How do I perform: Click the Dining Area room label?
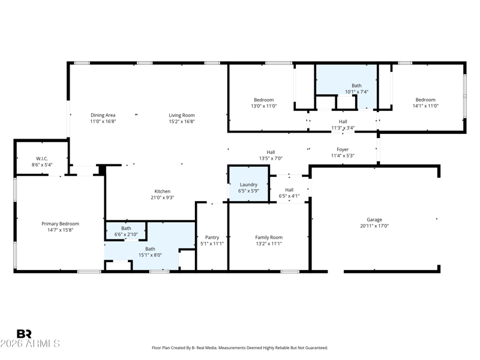click(103, 115)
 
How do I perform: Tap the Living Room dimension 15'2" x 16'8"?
click(182, 121)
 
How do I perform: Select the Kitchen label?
click(162, 191)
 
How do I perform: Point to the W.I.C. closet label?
click(42, 158)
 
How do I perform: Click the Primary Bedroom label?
click(61, 224)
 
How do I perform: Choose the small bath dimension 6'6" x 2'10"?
click(126, 235)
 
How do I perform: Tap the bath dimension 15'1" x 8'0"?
click(151, 255)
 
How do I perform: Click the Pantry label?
click(212, 237)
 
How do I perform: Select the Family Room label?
click(269, 237)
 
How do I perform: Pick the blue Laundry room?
click(248, 184)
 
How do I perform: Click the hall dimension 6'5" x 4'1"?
click(289, 196)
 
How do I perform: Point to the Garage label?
click(374, 220)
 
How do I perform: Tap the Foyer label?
click(343, 149)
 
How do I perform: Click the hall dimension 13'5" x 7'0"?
click(271, 158)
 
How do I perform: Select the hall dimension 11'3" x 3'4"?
click(343, 128)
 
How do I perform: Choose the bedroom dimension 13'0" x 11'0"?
click(264, 106)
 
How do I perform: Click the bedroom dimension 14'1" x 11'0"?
click(425, 106)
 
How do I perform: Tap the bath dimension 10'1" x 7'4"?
click(356, 92)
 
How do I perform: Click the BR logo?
click(24, 334)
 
